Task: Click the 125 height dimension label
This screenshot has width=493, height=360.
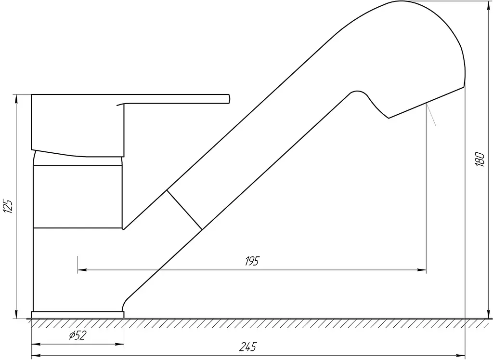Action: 8,206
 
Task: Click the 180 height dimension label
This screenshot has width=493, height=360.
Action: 480,159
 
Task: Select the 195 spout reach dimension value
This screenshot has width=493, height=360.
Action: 252,261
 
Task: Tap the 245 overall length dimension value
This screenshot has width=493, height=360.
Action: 248,347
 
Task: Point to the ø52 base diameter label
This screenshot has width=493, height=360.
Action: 78,335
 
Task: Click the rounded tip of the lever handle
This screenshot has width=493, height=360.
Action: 229,99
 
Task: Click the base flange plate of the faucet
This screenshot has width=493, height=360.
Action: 78,315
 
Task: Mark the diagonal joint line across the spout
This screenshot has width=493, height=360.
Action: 184,210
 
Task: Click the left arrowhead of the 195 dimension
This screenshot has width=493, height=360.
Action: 82,270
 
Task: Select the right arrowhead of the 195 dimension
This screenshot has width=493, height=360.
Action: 422,270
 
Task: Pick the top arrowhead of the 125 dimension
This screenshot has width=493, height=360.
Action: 16,99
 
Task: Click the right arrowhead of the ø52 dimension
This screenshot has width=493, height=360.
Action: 119,345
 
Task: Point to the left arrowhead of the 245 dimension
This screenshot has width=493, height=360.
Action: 36,356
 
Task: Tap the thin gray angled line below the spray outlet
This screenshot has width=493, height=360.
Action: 431,115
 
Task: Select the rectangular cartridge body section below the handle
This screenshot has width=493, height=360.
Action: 78,197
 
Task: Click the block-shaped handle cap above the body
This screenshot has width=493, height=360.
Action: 78,125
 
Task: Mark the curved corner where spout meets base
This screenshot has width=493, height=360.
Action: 126,301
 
